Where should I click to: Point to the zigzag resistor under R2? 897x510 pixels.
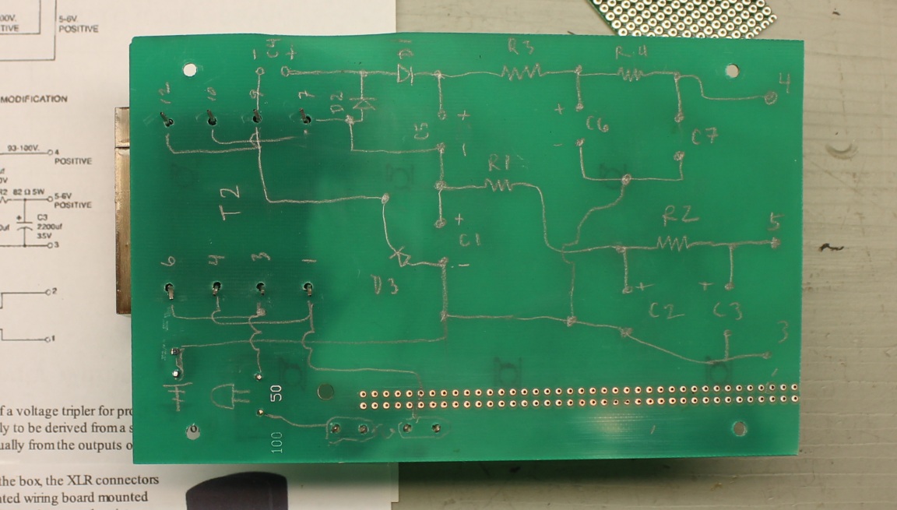[x=677, y=244]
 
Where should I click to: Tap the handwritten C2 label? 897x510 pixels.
[x=667, y=311]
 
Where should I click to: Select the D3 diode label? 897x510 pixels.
[x=385, y=287]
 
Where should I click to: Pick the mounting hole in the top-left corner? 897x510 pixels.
[x=189, y=70]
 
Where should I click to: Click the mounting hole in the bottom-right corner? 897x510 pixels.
[x=739, y=428]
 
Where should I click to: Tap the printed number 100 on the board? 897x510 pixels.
[x=277, y=442]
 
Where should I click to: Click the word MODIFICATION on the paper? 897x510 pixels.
[x=35, y=99]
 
